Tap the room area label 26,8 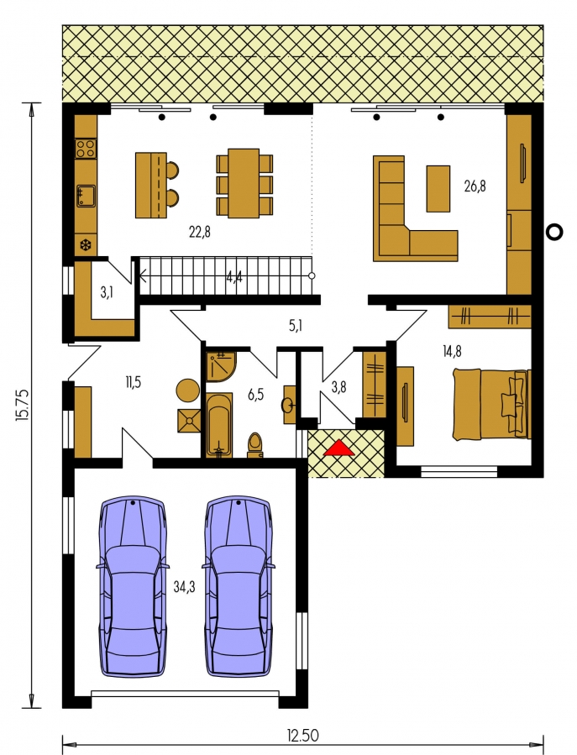pyautogui.click(x=475, y=186)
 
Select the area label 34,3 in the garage pyautogui.click(x=185, y=587)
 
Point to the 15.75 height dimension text pyautogui.click(x=24, y=406)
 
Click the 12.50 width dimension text pyautogui.click(x=303, y=736)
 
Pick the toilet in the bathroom pyautogui.click(x=255, y=444)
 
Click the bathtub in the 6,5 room pyautogui.click(x=219, y=425)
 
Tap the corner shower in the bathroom pyautogui.click(x=221, y=366)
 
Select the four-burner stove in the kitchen pyautogui.click(x=86, y=148)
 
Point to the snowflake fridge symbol pyautogui.click(x=86, y=246)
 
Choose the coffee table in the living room pyautogui.click(x=438, y=189)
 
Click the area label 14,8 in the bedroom pyautogui.click(x=452, y=352)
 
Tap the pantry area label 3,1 pyautogui.click(x=107, y=291)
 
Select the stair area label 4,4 pyautogui.click(x=234, y=277)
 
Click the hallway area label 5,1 pyautogui.click(x=296, y=326)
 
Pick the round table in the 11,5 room pyautogui.click(x=188, y=391)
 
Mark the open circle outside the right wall pyautogui.click(x=555, y=232)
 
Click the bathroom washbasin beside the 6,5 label pyautogui.click(x=289, y=405)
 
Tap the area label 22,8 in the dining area pyautogui.click(x=199, y=233)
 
